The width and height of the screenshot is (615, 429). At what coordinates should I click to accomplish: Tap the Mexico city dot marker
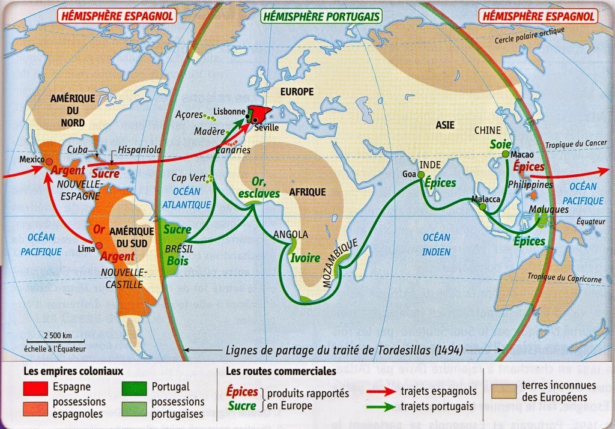point(49,161)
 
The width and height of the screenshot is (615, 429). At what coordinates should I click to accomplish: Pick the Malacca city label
point(486,199)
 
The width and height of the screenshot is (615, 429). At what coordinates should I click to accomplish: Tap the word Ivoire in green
point(305,258)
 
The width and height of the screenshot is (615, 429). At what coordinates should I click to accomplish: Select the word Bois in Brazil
point(178,260)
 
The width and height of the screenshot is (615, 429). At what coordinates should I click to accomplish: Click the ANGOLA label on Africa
point(291,234)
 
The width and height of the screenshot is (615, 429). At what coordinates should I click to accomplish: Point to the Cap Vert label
point(187,178)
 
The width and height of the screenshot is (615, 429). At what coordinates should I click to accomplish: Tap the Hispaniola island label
point(139,150)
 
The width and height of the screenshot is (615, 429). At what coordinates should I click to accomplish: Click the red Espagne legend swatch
point(35,387)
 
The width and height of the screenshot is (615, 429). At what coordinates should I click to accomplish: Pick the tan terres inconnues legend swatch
point(503,391)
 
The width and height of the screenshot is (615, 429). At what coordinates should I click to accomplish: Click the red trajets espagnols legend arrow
point(381,392)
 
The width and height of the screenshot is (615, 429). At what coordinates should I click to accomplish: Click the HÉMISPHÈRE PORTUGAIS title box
point(321,16)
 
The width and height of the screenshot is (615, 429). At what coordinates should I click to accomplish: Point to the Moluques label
point(549,210)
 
